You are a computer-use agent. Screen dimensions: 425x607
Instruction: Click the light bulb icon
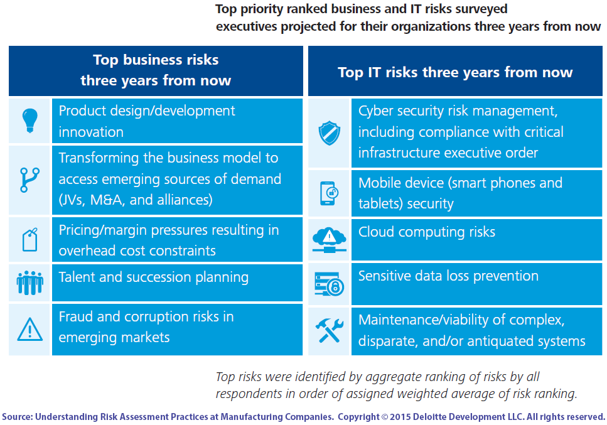pyautogui.click(x=30, y=120)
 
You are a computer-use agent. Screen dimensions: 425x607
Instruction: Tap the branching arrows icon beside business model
pyautogui.click(x=30, y=179)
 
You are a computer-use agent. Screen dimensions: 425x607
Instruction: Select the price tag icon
pyautogui.click(x=30, y=240)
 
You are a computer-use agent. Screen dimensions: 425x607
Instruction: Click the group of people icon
pyautogui.click(x=30, y=283)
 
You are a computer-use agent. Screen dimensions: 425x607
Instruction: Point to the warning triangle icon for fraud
pyautogui.click(x=30, y=328)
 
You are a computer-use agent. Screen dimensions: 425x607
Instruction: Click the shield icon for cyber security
pyautogui.click(x=329, y=133)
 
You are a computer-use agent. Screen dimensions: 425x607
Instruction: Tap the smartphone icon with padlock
pyautogui.click(x=329, y=193)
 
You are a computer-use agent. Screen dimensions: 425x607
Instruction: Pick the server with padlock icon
pyautogui.click(x=329, y=284)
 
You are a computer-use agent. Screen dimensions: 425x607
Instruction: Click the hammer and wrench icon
pyautogui.click(x=329, y=330)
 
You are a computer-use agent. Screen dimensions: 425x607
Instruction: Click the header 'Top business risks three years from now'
pyautogui.click(x=156, y=70)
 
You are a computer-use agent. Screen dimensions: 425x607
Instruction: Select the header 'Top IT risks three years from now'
pyautogui.click(x=455, y=72)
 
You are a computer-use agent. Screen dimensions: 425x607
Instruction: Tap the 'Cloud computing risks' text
pyautogui.click(x=427, y=232)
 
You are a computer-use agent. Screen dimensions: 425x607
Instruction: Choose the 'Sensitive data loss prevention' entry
pyautogui.click(x=448, y=276)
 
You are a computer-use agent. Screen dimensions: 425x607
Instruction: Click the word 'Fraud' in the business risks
pyautogui.click(x=76, y=316)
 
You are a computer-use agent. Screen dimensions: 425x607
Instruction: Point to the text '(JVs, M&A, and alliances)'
pyautogui.click(x=136, y=200)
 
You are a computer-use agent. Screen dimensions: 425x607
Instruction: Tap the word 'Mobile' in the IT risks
pyautogui.click(x=379, y=183)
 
